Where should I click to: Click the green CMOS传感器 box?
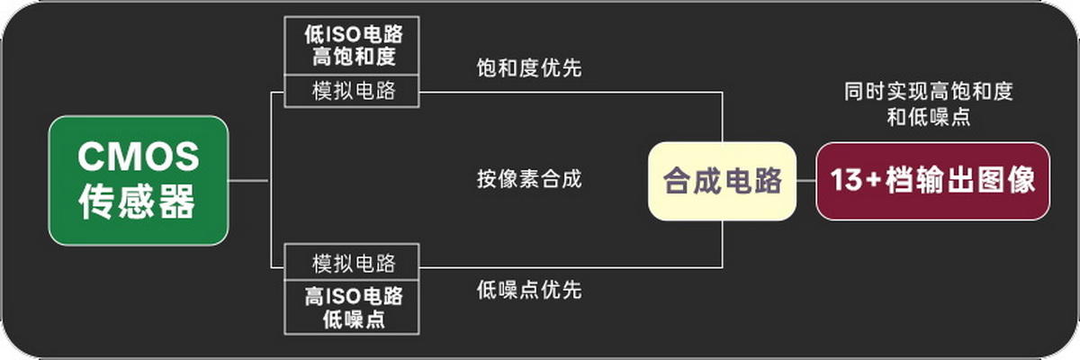coord(139,181)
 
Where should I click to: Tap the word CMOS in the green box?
coord(139,156)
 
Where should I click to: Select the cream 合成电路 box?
coord(722,181)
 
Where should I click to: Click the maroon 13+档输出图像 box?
coord(933,181)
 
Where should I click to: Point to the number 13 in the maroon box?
coord(847,180)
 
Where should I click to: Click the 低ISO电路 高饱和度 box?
coord(352,46)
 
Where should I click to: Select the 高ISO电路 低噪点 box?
coord(352,307)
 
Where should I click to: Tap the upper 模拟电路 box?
coord(352,91)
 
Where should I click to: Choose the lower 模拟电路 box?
coord(352,263)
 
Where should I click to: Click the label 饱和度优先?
coord(529,68)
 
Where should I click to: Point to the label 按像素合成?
coord(529,179)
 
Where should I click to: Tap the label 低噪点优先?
coord(529,290)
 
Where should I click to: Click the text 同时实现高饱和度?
coord(929,92)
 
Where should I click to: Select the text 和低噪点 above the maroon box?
coord(929,117)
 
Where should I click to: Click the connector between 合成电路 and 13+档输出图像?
coord(806,181)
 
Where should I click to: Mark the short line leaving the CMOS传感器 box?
coord(248,181)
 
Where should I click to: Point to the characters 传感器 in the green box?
coord(137,202)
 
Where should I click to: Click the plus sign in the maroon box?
coord(874,180)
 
